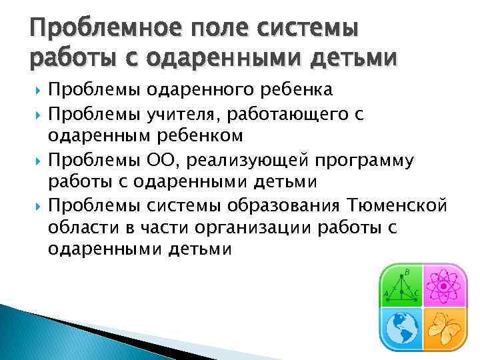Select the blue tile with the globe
tap(401, 327)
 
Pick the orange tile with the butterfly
tap(439, 327)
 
